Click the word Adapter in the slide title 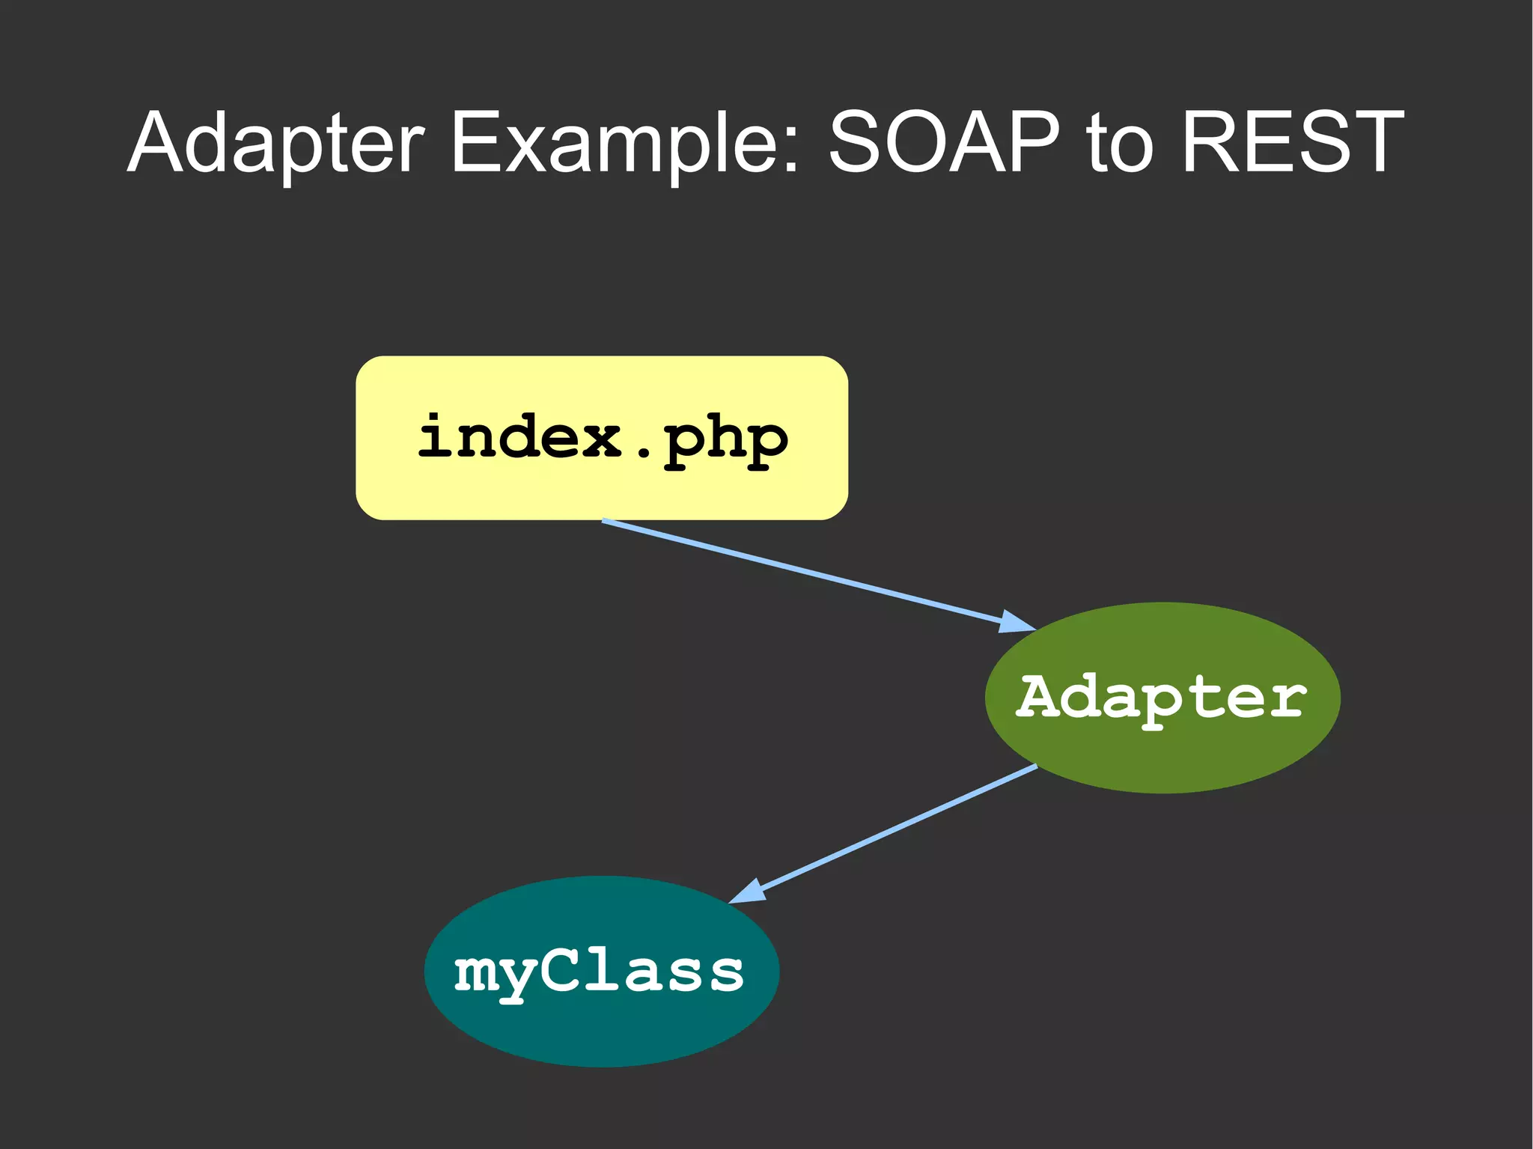276,142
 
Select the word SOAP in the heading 945,142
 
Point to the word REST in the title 1292,142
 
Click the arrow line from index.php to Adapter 801,570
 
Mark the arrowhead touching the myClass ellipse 749,892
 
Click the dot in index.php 642,453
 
